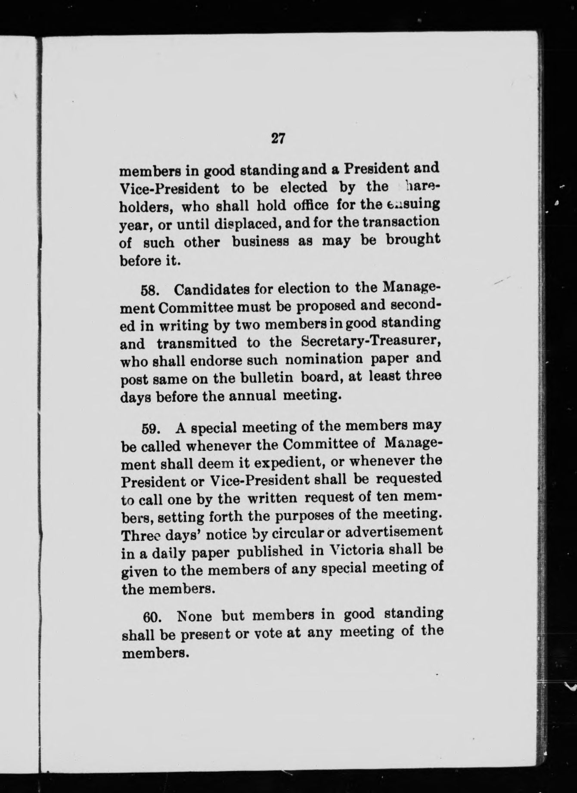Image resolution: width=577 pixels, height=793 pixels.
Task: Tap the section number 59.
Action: [152, 429]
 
